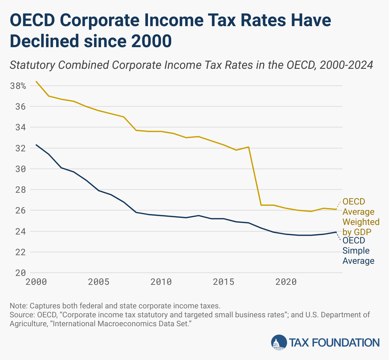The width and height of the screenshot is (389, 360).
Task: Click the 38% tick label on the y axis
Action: (18, 86)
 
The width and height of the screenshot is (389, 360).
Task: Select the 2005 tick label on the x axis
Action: (99, 282)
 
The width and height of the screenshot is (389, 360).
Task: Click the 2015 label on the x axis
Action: (224, 282)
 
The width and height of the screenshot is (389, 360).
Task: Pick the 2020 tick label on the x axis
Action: (286, 282)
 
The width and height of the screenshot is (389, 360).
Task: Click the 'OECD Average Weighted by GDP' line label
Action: (361, 217)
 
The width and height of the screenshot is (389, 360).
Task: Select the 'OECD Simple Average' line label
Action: (358, 251)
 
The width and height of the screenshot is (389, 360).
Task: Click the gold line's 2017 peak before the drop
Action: (248, 147)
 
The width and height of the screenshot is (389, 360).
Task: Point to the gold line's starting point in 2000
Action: (36, 82)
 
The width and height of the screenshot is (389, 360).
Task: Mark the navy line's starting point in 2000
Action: (36, 145)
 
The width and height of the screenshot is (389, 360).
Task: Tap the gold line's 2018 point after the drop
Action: (261, 205)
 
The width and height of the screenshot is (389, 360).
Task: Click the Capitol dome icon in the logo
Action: (279, 343)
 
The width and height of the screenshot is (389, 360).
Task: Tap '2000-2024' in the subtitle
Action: (346, 65)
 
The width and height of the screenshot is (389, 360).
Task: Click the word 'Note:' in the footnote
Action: (18, 306)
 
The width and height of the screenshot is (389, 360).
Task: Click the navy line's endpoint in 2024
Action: (336, 232)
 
